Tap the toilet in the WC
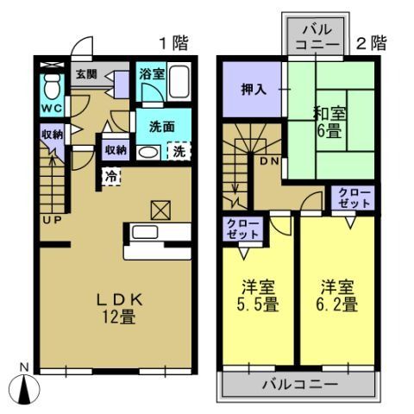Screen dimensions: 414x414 (51, 86)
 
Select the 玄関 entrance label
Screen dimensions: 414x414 (85, 75)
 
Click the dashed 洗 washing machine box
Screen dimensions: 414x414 (179, 151)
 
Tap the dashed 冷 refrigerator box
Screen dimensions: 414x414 (112, 175)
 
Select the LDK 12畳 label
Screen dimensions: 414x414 (117, 307)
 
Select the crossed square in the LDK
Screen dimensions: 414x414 (160, 210)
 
